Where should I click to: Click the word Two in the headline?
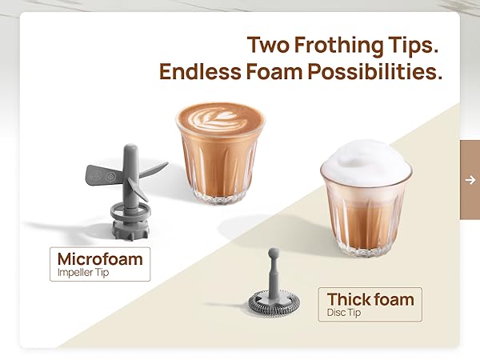pyautogui.click(x=269, y=44)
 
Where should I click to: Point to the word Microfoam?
pyautogui.click(x=100, y=258)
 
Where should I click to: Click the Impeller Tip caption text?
pyautogui.click(x=84, y=272)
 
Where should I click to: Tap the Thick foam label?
pyautogui.click(x=370, y=300)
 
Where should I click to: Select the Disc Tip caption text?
pyautogui.click(x=344, y=313)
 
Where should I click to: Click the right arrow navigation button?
pyautogui.click(x=470, y=179)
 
